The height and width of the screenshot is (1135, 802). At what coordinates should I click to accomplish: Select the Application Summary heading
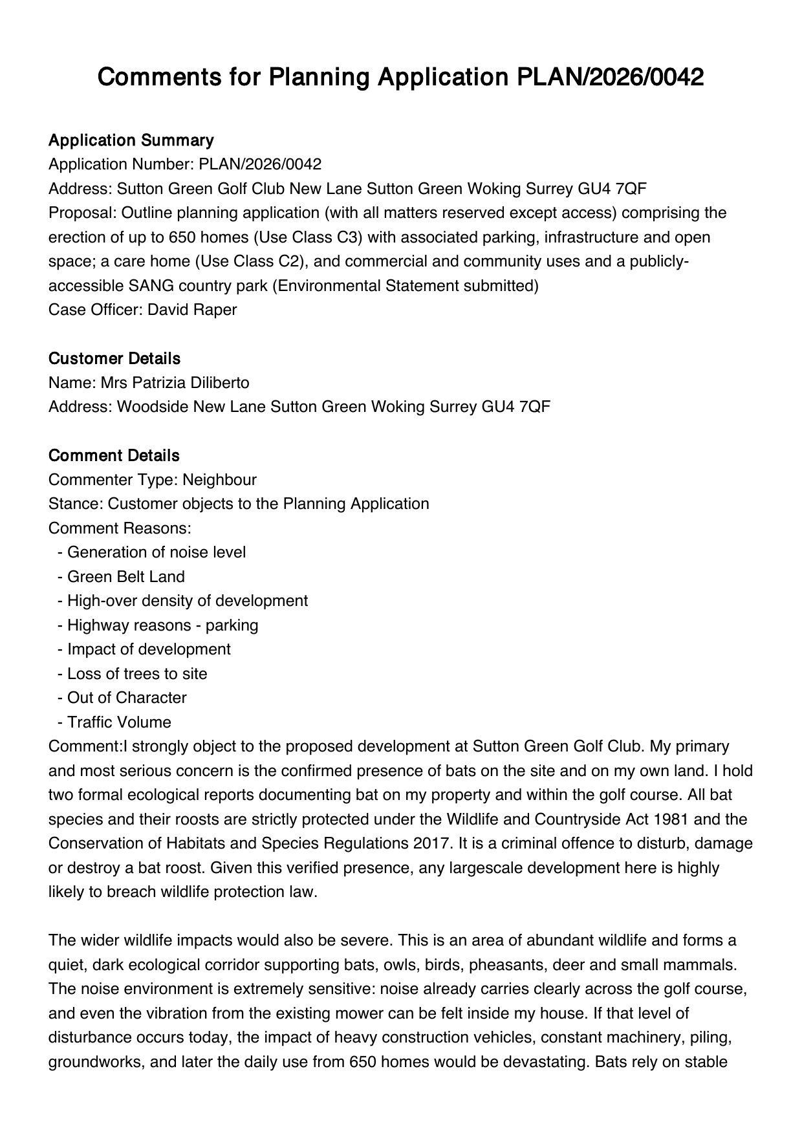131,140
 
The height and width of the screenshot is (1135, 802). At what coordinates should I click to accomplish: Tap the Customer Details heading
114,358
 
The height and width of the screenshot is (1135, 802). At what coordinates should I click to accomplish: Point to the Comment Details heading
114,455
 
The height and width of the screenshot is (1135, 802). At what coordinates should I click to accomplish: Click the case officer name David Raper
192,310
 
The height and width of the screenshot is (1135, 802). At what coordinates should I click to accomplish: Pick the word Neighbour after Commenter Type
219,480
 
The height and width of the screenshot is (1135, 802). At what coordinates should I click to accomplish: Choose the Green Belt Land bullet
125,577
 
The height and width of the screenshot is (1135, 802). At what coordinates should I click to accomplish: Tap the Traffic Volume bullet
119,722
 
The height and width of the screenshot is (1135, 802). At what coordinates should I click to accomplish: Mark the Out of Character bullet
127,698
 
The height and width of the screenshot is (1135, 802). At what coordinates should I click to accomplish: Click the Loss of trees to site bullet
137,674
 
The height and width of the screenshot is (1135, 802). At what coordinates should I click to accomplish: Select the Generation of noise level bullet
157,552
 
